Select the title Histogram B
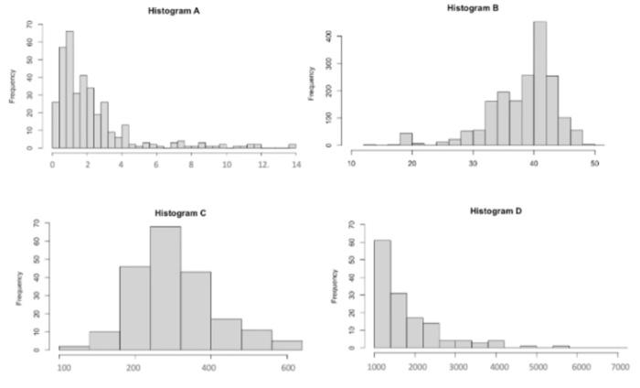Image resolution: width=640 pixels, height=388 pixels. tap(473, 7)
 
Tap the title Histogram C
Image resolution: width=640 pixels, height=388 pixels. tap(180, 213)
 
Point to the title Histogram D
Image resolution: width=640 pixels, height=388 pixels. tap(496, 210)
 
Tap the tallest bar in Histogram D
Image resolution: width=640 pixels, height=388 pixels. tap(382, 294)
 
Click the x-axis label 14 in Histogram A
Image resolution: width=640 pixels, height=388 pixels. tap(293, 163)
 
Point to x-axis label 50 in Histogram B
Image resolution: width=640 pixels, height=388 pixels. tap(594, 163)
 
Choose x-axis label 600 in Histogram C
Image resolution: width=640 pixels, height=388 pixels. tap(286, 367)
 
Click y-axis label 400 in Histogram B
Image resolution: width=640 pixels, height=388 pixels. tap(338, 37)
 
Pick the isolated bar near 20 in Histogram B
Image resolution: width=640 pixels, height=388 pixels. tap(406, 139)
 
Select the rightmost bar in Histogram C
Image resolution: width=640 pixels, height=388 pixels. tap(287, 345)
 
